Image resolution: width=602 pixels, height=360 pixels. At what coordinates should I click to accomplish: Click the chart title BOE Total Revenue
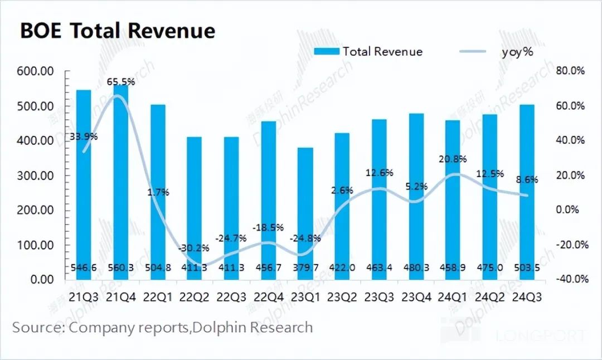(118, 30)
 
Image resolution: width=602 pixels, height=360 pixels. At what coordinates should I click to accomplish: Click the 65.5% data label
(121, 82)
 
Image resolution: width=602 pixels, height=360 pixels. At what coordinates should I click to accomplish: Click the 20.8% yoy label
(453, 159)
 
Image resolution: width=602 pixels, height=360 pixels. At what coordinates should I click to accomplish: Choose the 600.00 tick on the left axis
(35, 71)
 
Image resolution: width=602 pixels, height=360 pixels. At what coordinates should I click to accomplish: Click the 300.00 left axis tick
(35, 176)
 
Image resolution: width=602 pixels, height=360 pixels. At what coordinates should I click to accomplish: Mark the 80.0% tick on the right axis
(570, 71)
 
